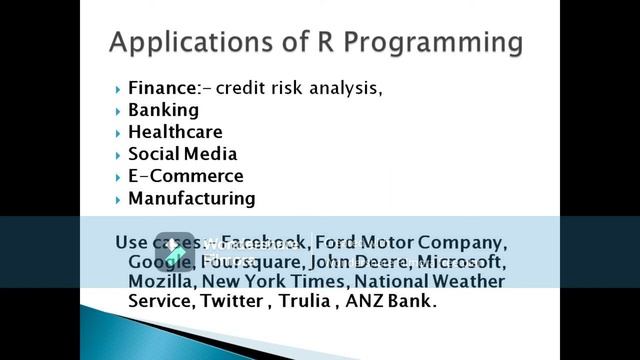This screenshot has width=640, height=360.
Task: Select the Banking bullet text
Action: click(x=163, y=110)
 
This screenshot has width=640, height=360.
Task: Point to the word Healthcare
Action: click(x=175, y=132)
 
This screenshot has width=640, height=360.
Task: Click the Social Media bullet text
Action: click(x=182, y=154)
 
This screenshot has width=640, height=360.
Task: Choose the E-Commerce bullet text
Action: click(x=185, y=176)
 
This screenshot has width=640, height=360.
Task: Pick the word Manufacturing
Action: click(x=191, y=198)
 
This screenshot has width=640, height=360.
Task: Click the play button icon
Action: click(x=175, y=250)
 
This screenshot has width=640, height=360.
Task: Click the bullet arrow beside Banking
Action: click(x=118, y=111)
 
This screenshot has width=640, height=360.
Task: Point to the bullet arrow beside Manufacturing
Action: click(x=118, y=199)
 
